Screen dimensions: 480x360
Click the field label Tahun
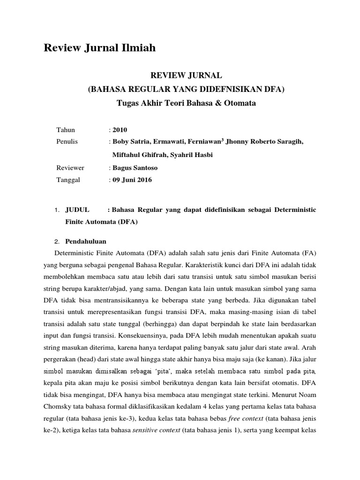point(66,130)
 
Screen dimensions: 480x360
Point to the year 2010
point(120,130)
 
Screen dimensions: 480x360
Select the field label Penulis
point(67,142)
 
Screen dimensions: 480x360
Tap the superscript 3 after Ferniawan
point(223,140)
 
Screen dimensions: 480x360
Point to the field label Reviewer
point(70,167)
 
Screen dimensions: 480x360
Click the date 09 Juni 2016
point(132,180)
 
